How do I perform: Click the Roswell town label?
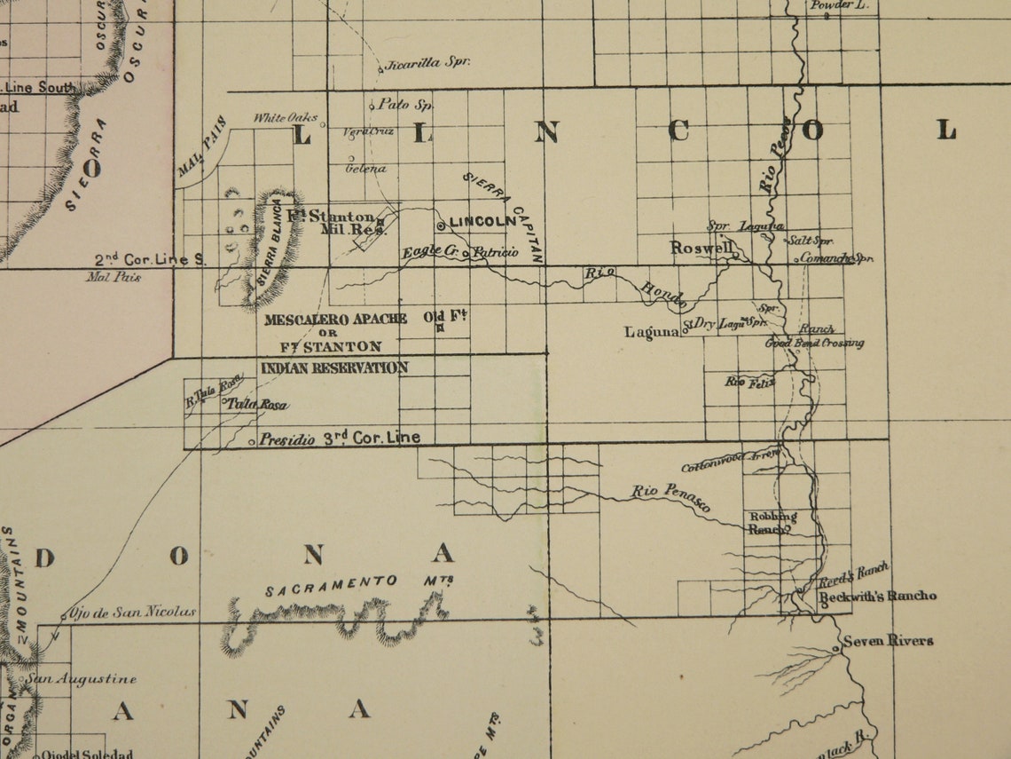pyautogui.click(x=699, y=248)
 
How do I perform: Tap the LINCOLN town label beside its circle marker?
pyautogui.click(x=482, y=221)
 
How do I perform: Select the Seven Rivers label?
pyautogui.click(x=888, y=640)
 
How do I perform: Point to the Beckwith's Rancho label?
pyautogui.click(x=876, y=596)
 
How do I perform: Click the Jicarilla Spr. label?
pyautogui.click(x=427, y=63)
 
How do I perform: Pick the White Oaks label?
pyautogui.click(x=286, y=118)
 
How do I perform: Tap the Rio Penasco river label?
pyautogui.click(x=671, y=499)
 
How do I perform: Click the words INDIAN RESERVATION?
pyautogui.click(x=334, y=368)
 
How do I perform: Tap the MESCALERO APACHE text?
pyautogui.click(x=335, y=319)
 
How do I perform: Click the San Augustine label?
pyautogui.click(x=81, y=679)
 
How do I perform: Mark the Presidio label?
pyautogui.click(x=287, y=439)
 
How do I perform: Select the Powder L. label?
pyautogui.click(x=839, y=5)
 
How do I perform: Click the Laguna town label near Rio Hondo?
pyautogui.click(x=651, y=334)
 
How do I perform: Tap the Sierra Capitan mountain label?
pyautogui.click(x=503, y=216)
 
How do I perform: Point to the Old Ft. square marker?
pyautogui.click(x=439, y=328)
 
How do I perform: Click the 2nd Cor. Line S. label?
pyautogui.click(x=150, y=259)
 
